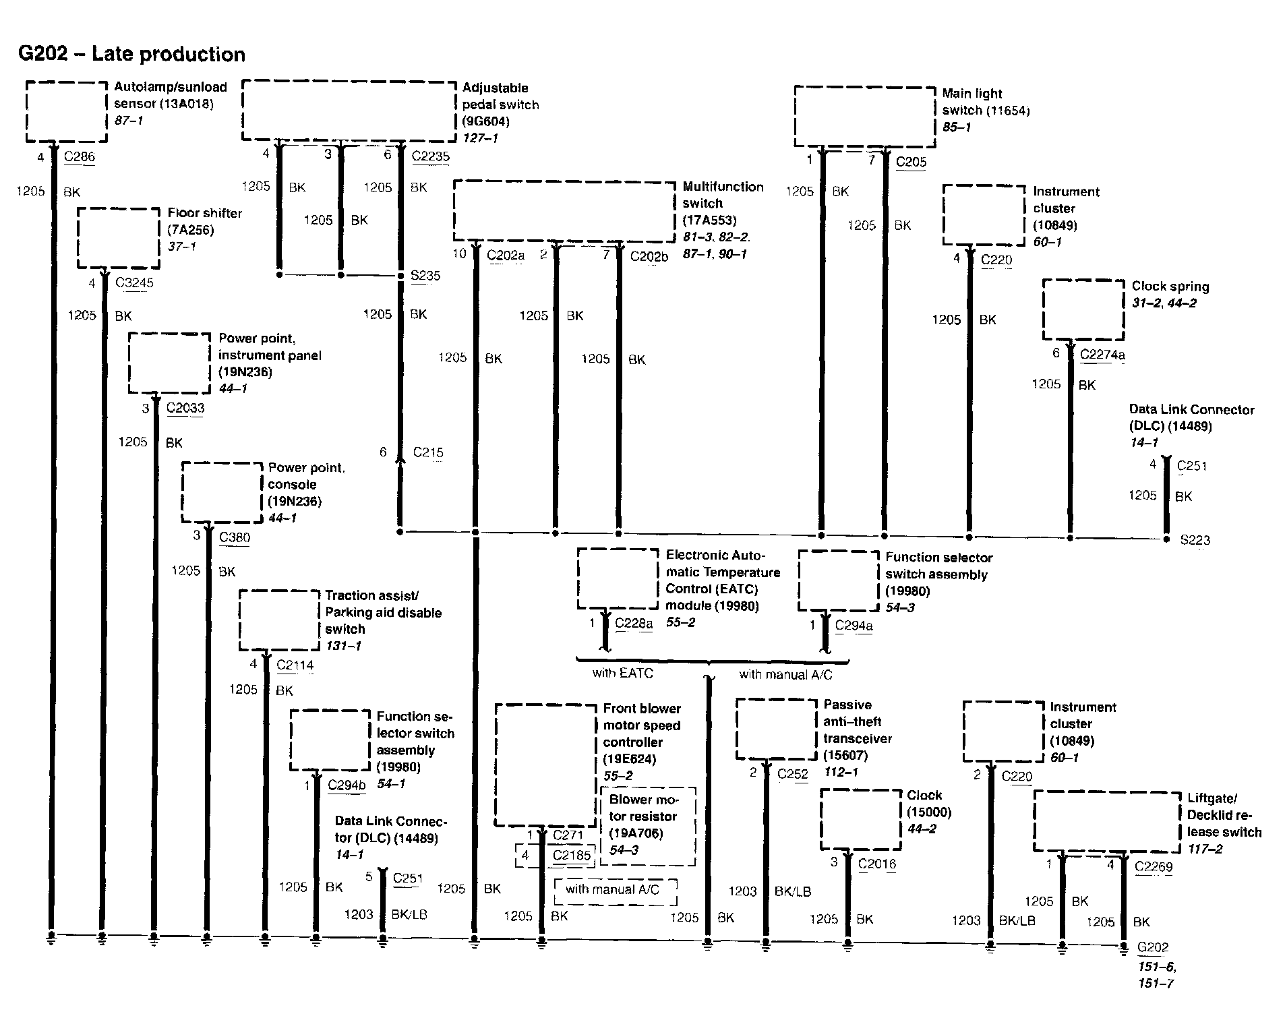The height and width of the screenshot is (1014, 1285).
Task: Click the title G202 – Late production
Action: tap(131, 54)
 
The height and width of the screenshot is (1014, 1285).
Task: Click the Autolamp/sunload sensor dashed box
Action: tap(67, 112)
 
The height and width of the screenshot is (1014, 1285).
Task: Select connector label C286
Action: tap(79, 157)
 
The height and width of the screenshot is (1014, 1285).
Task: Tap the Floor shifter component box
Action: tap(118, 237)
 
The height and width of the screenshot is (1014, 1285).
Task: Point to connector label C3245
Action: tap(134, 283)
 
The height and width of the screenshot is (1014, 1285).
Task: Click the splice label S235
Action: tap(425, 276)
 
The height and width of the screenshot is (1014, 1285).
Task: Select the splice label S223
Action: tap(1195, 540)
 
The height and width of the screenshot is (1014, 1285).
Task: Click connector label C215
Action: tap(428, 452)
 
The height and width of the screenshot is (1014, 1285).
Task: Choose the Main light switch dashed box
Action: tap(864, 116)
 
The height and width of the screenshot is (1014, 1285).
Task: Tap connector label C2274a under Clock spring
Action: tap(1102, 355)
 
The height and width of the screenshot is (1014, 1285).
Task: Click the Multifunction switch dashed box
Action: tap(564, 210)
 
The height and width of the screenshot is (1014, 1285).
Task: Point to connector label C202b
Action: tap(649, 256)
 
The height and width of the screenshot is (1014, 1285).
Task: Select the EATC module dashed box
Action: tap(618, 579)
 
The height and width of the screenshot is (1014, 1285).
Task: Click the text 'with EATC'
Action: tap(622, 673)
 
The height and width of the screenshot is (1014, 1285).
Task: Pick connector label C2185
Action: tap(571, 856)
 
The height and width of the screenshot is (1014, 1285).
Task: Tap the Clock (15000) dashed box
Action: tap(861, 820)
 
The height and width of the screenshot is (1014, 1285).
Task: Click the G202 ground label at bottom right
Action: tap(1152, 947)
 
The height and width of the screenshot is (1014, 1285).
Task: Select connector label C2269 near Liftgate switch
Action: tap(1154, 867)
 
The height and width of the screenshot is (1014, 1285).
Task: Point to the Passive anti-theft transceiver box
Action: tap(776, 729)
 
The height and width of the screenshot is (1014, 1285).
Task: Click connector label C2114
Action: tap(295, 665)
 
